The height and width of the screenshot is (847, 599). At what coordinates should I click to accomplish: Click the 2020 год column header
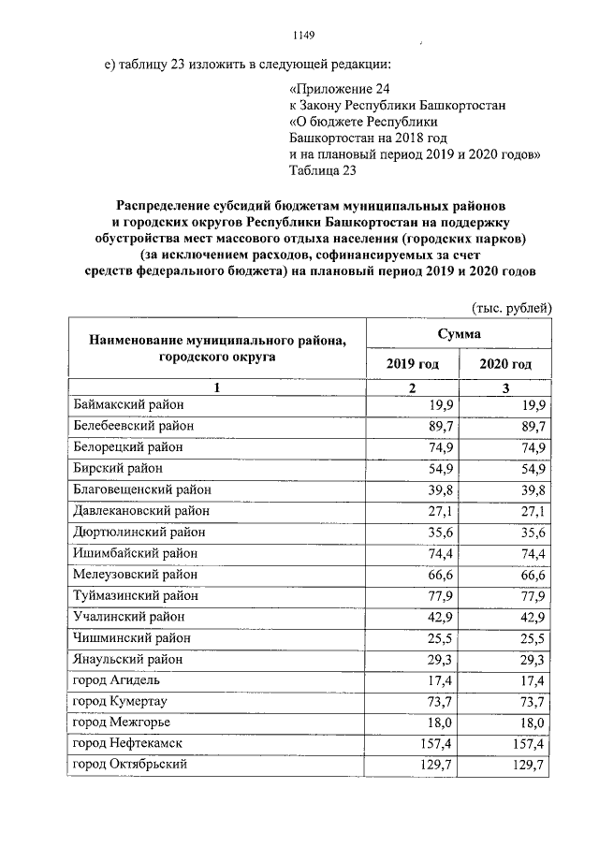505,364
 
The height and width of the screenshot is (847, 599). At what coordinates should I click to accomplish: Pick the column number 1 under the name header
216,387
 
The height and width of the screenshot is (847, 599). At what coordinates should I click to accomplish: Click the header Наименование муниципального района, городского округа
216,348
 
